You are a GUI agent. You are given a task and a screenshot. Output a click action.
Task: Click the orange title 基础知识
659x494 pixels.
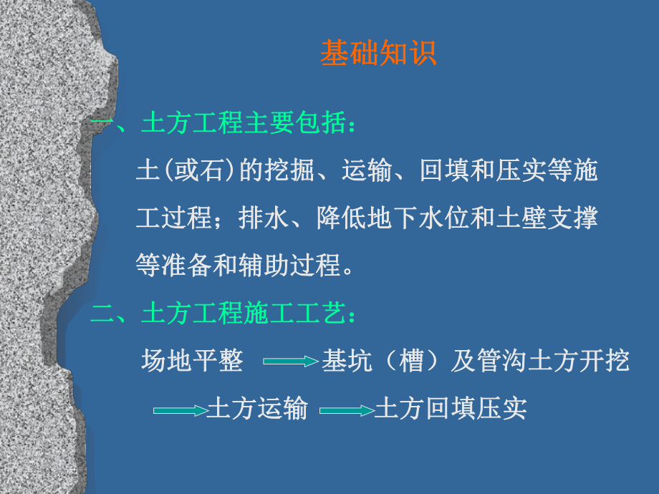click(377, 54)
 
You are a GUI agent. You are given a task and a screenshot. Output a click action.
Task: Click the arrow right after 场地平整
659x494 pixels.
click(290, 362)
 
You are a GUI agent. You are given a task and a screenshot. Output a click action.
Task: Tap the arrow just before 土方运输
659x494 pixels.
click(179, 410)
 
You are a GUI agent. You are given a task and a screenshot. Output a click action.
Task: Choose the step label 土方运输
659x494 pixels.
click(257, 409)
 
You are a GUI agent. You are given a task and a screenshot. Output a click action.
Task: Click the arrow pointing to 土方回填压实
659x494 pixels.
click(346, 410)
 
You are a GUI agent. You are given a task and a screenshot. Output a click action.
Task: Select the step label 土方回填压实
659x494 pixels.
click(451, 409)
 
